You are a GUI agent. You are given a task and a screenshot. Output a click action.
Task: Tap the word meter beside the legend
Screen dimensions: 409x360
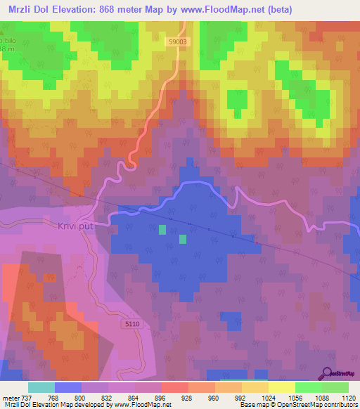coord(11,397)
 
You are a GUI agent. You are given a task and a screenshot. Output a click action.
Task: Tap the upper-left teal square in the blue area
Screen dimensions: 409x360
coord(162,229)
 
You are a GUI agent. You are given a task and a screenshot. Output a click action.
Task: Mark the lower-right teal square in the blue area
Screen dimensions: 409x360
coord(183,239)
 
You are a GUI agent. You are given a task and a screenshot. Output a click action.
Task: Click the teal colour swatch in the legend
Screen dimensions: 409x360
coord(41,387)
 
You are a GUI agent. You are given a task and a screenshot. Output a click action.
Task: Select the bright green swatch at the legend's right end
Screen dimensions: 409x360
coord(335,387)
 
